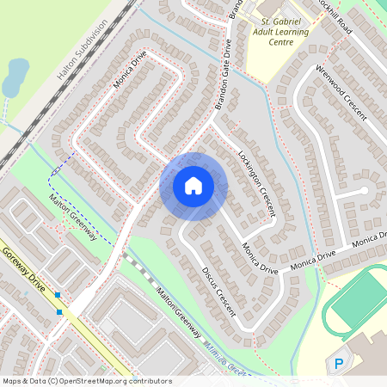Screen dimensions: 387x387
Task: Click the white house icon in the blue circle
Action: click(x=193, y=185)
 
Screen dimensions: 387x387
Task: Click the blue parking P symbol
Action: click(x=339, y=365)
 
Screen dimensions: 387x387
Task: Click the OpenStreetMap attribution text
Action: click(x=86, y=381)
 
